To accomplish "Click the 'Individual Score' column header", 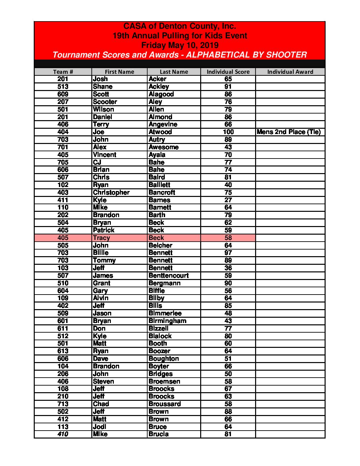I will click(228, 72).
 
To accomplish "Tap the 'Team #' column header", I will click(63, 72).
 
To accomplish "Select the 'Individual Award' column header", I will click(290, 72).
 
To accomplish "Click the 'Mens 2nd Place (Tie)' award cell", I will click(289, 132).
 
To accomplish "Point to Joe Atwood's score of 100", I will click(228, 132).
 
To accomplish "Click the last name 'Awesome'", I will click(163, 147).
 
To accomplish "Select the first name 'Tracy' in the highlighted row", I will click(101, 238).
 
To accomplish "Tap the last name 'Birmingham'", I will click(167, 321).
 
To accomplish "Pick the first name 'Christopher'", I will click(111, 193).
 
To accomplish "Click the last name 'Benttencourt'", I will click(168, 276).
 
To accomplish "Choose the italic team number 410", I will click(63, 434).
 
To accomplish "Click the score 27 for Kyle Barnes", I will click(228, 200).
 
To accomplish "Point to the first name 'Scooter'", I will click(105, 102).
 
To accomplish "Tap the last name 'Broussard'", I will click(165, 404).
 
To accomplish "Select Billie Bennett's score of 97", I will click(228, 253).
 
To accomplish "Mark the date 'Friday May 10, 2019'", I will click(180, 45).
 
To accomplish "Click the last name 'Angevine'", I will click(163, 124).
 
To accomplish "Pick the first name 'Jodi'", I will click(100, 427).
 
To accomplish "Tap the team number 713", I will click(63, 404).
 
